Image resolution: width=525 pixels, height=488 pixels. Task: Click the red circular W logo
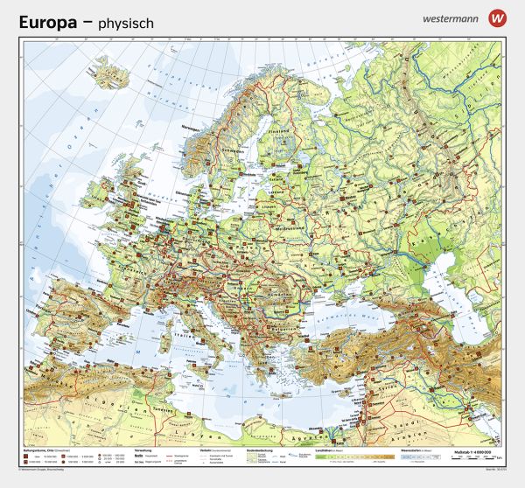pos(498,17)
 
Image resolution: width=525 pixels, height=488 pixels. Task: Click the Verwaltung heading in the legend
pos(144,448)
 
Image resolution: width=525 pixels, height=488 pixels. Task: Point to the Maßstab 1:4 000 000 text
pos(477,448)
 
